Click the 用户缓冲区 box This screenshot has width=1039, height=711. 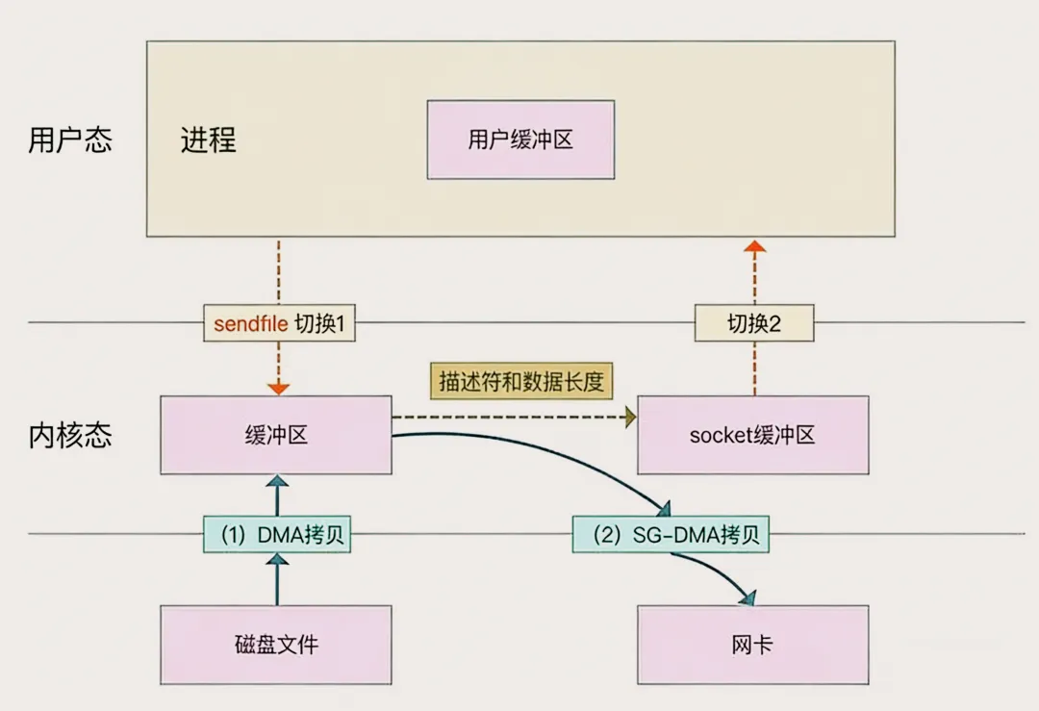[520, 140]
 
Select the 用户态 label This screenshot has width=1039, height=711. [69, 140]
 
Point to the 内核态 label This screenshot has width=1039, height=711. [69, 435]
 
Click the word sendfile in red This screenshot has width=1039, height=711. [250, 325]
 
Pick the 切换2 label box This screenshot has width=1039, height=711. [754, 324]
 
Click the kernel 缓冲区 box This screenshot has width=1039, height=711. [275, 435]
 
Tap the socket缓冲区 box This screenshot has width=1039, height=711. [752, 435]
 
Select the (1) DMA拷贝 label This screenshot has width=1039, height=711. [275, 535]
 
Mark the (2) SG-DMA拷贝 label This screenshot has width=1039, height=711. [671, 535]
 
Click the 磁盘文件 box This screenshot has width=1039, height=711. [275, 644]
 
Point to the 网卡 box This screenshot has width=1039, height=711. [752, 644]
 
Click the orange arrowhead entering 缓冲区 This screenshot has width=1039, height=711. [278, 389]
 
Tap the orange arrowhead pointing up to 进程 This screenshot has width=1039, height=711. [755, 246]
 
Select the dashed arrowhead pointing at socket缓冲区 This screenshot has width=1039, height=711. [631, 417]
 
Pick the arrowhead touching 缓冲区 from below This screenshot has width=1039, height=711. [277, 481]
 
